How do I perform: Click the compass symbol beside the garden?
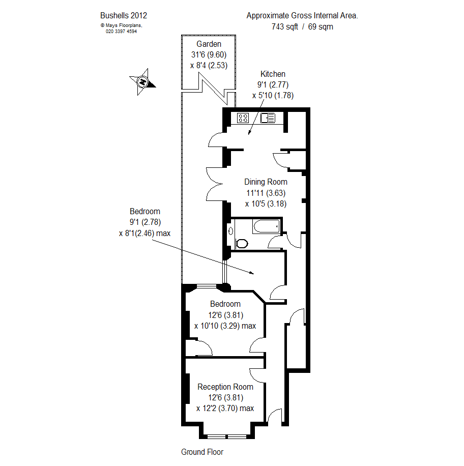coord(142,82)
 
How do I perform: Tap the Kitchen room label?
coord(273,74)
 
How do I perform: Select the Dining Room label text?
coord(266,182)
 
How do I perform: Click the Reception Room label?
coord(225,387)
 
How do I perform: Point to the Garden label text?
coord(209,44)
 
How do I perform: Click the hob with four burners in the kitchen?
coord(243,118)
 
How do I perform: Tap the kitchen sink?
coord(268,118)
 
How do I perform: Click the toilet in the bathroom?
coord(242,243)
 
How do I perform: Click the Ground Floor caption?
coord(202,452)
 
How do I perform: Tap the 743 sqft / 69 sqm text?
coord(302,27)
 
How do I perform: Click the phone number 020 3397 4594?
coord(121,31)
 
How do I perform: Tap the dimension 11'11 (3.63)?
coord(266,193)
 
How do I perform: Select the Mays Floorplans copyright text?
coord(121,25)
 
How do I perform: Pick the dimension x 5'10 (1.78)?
coord(273,95)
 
